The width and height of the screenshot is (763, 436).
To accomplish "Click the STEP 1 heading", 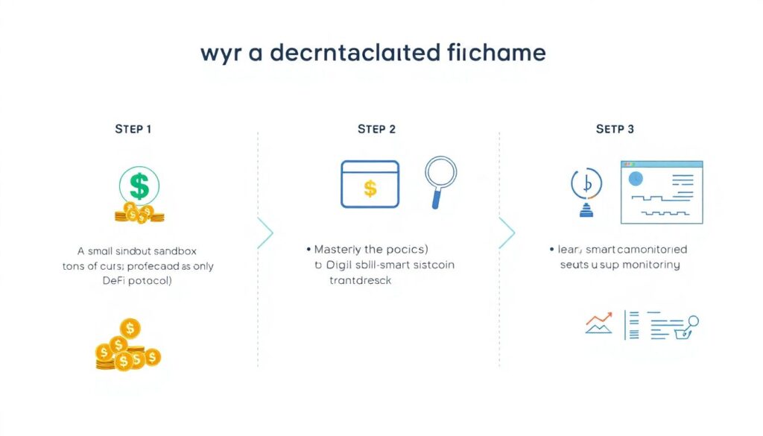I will (x=133, y=129).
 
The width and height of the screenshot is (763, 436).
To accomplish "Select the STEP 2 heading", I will (x=376, y=129).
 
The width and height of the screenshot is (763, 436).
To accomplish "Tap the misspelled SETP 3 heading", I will (x=615, y=129).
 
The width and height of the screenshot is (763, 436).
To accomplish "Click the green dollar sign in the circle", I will (x=139, y=186).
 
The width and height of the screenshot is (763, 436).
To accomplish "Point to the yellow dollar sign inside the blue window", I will (x=370, y=188).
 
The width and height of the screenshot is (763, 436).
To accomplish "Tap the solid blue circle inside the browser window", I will (x=636, y=179).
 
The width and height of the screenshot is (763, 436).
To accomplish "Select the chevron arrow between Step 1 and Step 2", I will (x=265, y=233).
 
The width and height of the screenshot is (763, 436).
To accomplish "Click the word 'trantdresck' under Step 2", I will (x=360, y=281).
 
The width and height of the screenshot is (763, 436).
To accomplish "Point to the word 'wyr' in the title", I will (x=221, y=54).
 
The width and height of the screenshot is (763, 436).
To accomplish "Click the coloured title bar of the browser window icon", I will (x=662, y=164).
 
